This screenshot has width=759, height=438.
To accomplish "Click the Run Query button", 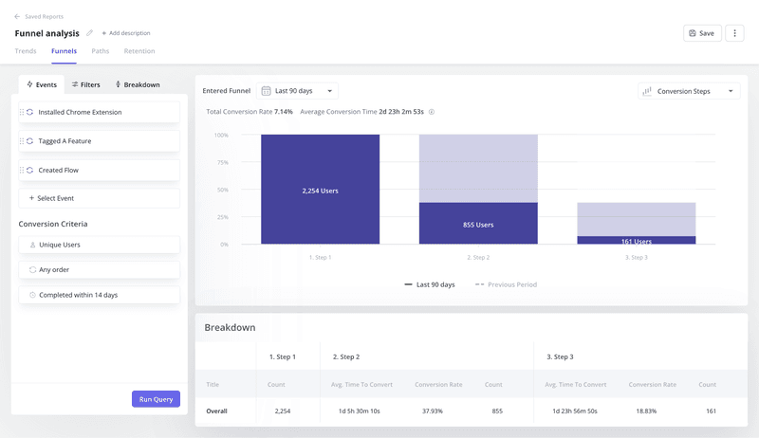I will point(156,399).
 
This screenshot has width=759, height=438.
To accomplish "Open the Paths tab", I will point(100,51).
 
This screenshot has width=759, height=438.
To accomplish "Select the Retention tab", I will point(139,51).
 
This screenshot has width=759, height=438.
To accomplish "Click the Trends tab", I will point(27,51).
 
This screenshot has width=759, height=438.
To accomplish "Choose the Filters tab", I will point(85,84).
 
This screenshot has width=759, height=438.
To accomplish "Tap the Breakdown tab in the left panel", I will point(138,84).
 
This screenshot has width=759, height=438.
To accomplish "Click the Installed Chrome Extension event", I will point(99,112).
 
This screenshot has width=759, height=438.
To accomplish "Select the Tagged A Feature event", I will point(99,141).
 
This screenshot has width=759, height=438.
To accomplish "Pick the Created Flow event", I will point(99,170).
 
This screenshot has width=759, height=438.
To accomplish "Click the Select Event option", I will point(99,198).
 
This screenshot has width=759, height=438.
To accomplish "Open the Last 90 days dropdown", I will point(298,91).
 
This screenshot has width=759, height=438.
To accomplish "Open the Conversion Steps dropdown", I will point(689,91).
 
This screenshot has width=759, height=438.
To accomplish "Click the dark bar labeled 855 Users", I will point(478,224).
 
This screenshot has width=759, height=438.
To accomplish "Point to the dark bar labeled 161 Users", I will point(637,241).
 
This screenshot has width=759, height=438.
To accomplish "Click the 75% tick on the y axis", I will point(221,162).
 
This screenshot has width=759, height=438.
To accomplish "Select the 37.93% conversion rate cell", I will point(437,411).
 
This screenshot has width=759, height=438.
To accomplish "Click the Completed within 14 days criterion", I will point(99,295).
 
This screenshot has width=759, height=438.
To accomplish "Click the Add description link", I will point(126,33).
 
